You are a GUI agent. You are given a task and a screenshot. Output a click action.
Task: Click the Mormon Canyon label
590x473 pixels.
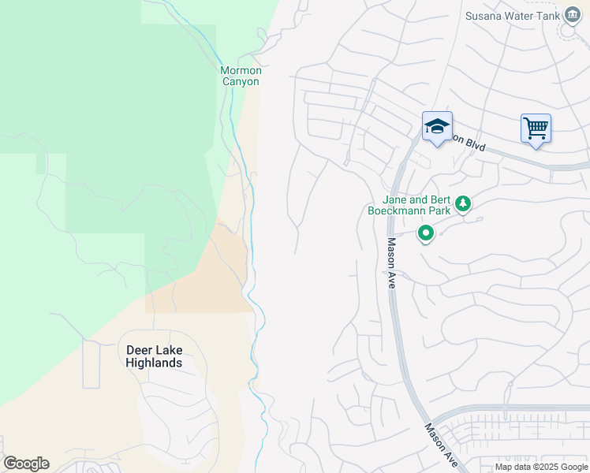(x=241, y=76)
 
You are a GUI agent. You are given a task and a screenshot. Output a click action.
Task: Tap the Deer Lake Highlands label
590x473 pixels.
(x=154, y=356)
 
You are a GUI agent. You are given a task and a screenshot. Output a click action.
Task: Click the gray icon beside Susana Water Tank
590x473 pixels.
(x=570, y=17)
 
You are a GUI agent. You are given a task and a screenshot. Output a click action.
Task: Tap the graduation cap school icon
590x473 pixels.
(x=437, y=127)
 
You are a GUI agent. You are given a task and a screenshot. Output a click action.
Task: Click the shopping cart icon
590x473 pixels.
(x=536, y=128)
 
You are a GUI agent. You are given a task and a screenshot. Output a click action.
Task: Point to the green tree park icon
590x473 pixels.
(x=464, y=205)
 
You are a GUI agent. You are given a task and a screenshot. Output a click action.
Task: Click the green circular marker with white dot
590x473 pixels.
(x=426, y=233)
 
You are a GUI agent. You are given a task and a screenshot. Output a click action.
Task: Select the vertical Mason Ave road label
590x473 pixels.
(x=390, y=263)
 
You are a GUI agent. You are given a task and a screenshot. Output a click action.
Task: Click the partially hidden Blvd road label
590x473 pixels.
(x=469, y=142)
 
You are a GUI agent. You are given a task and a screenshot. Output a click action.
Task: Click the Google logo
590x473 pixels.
(x=25, y=464)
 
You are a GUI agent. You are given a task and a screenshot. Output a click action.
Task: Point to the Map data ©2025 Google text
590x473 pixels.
(x=540, y=467)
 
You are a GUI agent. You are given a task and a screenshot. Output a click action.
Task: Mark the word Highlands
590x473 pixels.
(x=154, y=363)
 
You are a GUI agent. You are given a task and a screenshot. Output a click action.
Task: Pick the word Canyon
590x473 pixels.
(x=241, y=81)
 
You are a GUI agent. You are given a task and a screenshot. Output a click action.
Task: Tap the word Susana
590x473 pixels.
(x=485, y=16)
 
